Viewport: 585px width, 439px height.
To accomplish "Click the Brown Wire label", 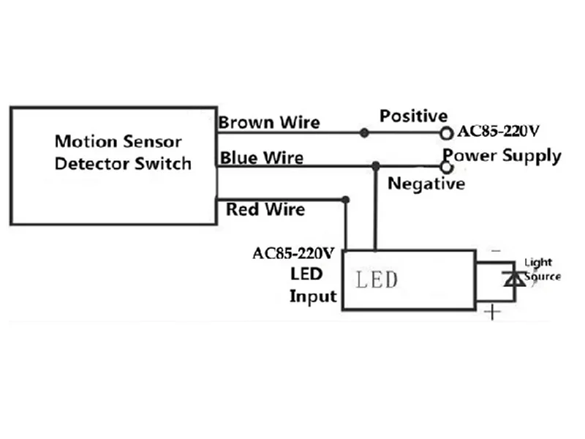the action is tap(269, 122).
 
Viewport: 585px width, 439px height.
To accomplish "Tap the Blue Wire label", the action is tap(262, 157).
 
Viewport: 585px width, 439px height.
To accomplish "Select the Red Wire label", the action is tap(265, 209).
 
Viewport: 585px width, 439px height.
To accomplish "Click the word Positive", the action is tap(413, 116).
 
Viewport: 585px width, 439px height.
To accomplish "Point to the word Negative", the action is tap(426, 184).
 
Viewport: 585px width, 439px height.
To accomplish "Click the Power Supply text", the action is tap(502, 156).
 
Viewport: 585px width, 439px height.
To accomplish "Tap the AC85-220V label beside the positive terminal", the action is tap(498, 131).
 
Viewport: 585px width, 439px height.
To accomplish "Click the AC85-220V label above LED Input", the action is tap(293, 253).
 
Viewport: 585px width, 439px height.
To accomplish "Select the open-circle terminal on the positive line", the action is tap(446, 133).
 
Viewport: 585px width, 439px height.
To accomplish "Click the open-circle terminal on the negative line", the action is tap(446, 167).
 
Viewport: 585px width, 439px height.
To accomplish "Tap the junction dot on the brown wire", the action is tap(364, 132).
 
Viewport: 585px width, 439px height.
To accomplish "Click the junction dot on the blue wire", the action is tap(376, 166).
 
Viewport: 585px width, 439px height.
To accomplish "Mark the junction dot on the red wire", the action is tap(345, 200).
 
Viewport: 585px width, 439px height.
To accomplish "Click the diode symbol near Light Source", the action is tap(515, 279).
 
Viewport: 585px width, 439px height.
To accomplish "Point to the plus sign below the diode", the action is tap(492, 312).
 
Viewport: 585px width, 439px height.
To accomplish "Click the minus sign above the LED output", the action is tap(496, 251).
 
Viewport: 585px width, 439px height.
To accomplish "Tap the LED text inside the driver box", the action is tap(377, 280).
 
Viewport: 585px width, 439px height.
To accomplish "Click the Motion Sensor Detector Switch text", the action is tap(123, 153).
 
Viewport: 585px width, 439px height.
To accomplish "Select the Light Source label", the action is tap(542, 269).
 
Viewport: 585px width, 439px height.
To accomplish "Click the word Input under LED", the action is tap(313, 297).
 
